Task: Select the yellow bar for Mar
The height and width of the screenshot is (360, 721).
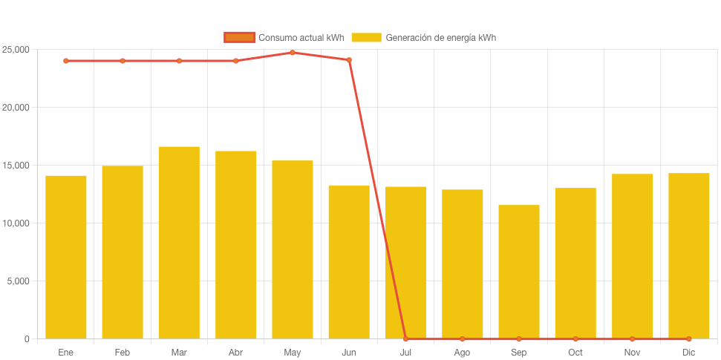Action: click(179, 243)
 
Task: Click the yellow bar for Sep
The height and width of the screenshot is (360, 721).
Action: click(519, 272)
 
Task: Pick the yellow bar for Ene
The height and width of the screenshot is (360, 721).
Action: click(66, 257)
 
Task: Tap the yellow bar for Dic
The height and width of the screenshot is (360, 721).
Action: click(689, 256)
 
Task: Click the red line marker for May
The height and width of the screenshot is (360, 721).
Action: click(293, 53)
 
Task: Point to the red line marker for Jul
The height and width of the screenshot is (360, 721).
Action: click(405, 339)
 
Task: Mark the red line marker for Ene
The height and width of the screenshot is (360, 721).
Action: click(66, 61)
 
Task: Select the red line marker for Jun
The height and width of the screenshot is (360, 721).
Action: click(349, 60)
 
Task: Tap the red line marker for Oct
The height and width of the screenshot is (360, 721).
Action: click(575, 339)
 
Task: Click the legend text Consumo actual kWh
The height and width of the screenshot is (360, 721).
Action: click(301, 37)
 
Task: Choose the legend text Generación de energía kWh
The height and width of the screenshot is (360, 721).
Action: click(440, 37)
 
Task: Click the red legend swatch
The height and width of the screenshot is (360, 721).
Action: click(239, 37)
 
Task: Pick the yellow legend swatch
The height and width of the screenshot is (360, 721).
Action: click(366, 37)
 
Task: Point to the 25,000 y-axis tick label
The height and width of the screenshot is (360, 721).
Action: click(15, 50)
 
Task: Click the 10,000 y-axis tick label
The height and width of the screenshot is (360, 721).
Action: click(15, 223)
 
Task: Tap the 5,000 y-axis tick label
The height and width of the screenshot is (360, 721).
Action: click(17, 281)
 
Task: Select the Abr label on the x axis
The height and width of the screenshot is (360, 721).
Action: click(235, 353)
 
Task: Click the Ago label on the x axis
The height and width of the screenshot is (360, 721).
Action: click(462, 353)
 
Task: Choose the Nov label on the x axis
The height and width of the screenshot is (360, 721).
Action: click(632, 353)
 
